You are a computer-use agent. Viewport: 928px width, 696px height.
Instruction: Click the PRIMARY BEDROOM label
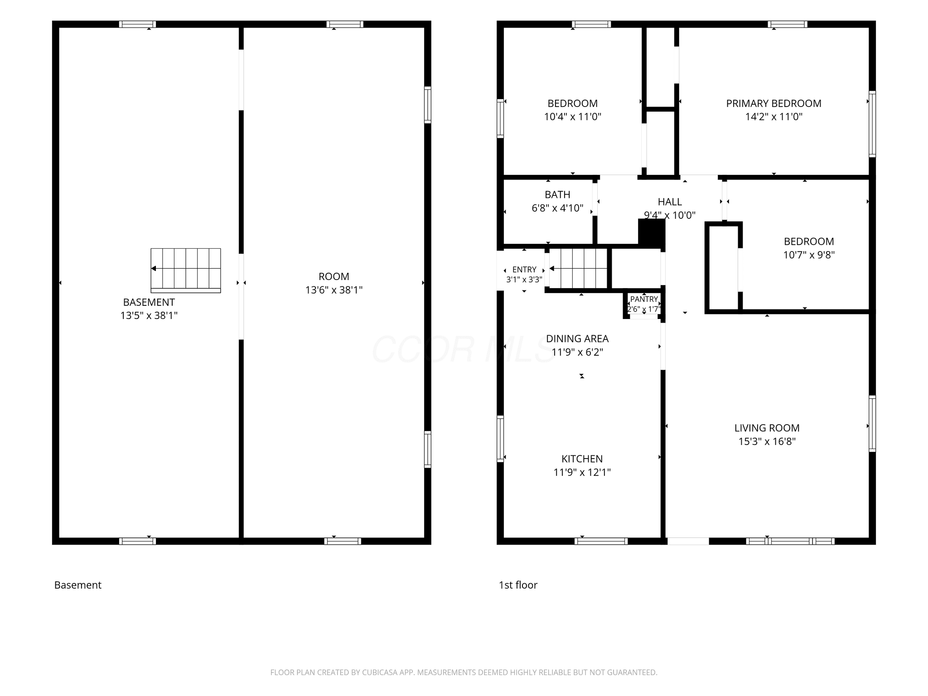click(x=773, y=103)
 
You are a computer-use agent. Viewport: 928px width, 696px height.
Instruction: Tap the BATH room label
click(x=557, y=194)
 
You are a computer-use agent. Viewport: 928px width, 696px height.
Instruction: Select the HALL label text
click(x=670, y=202)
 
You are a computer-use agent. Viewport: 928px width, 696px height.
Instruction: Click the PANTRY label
click(x=644, y=299)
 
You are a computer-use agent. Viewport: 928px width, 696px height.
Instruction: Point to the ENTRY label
click(x=524, y=270)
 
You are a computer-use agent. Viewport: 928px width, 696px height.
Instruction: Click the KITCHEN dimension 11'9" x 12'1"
click(x=582, y=472)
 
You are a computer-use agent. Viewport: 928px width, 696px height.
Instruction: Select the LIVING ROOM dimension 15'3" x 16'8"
click(x=767, y=441)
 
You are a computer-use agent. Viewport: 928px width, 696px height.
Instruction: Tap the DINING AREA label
click(x=577, y=338)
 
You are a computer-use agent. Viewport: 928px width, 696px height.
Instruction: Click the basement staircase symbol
click(x=186, y=271)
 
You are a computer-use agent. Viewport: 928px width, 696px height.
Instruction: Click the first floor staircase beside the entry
click(x=579, y=268)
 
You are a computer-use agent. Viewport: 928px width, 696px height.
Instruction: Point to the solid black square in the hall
click(x=652, y=233)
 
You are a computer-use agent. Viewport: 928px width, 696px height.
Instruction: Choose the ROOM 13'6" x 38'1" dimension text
click(x=334, y=290)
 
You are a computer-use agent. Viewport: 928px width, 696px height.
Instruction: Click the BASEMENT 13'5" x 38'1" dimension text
click(x=149, y=315)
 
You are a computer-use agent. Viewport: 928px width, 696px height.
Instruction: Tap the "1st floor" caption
click(x=518, y=585)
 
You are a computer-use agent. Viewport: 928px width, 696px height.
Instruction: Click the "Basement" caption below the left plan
click(x=77, y=585)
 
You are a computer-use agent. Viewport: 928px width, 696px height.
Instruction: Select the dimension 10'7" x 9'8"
click(x=809, y=255)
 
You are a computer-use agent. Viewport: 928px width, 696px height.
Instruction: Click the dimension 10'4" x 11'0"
click(x=572, y=116)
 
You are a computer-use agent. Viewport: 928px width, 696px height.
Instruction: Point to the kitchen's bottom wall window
click(x=601, y=541)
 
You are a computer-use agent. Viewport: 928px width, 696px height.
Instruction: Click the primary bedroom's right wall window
click(x=872, y=124)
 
